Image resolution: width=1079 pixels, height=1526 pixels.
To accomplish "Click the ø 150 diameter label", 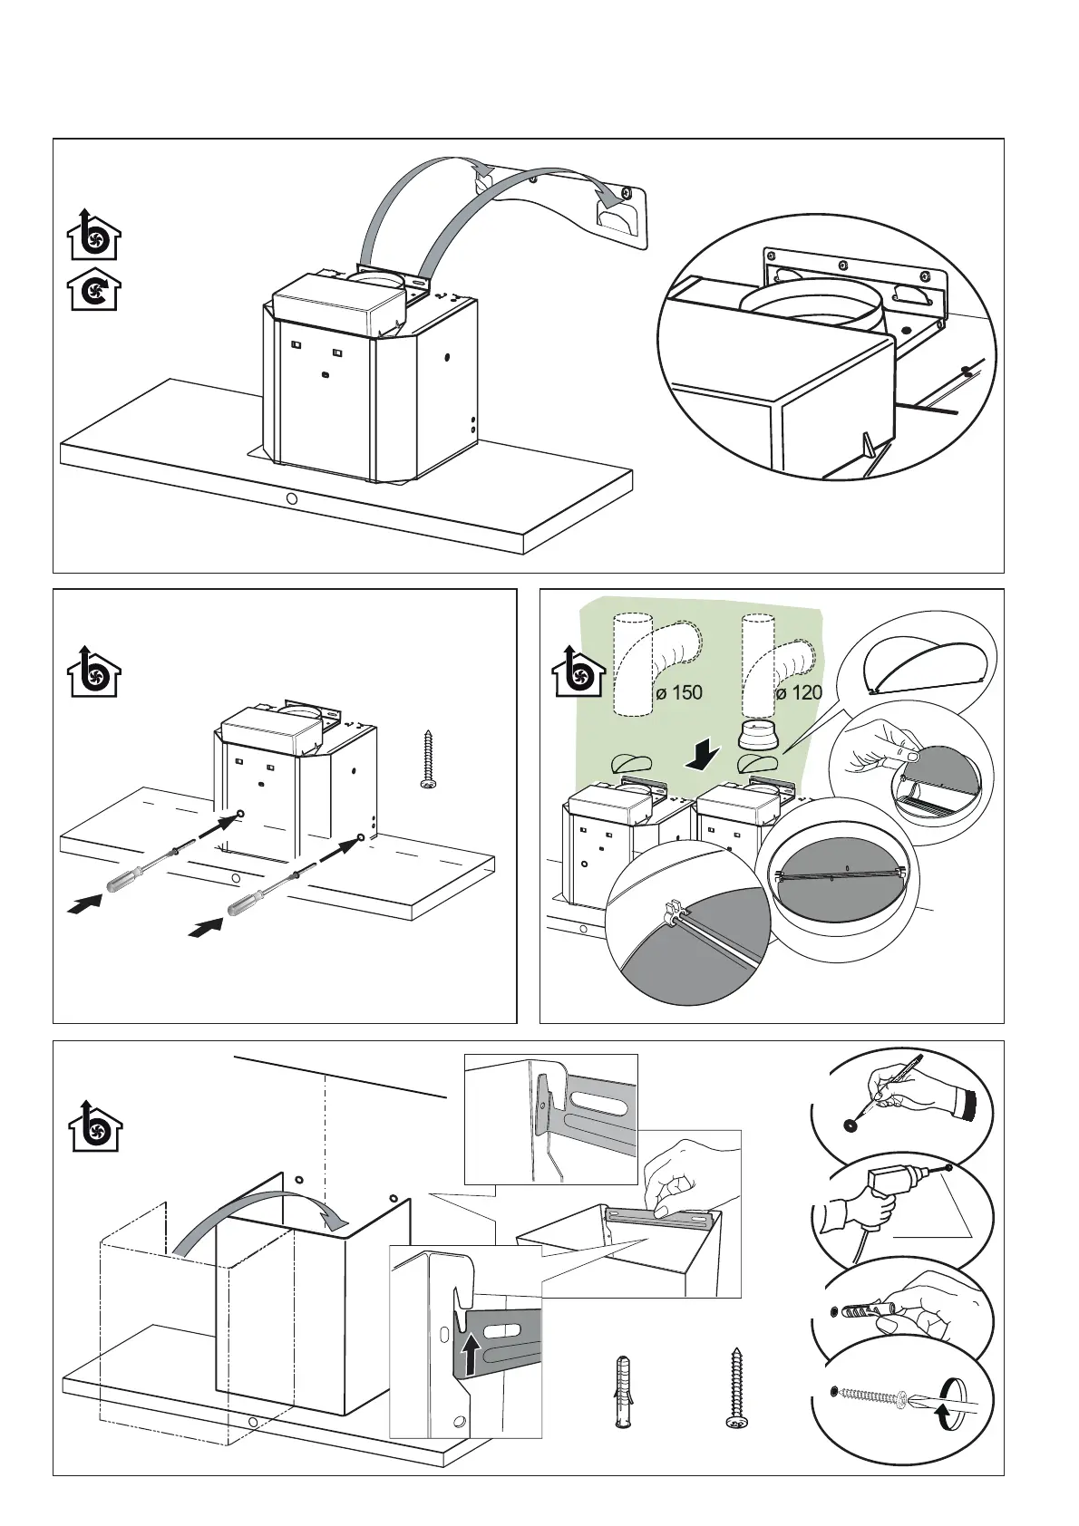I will click(679, 693).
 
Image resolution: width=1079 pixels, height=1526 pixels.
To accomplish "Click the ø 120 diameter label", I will click(799, 693).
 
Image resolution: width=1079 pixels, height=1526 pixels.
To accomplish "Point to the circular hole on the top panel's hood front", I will click(291, 499).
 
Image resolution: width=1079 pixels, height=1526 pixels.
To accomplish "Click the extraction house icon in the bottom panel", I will click(95, 1126).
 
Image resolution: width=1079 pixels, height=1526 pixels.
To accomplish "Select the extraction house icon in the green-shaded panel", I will click(578, 673).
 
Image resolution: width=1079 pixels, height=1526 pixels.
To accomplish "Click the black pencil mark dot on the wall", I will click(850, 1125).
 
